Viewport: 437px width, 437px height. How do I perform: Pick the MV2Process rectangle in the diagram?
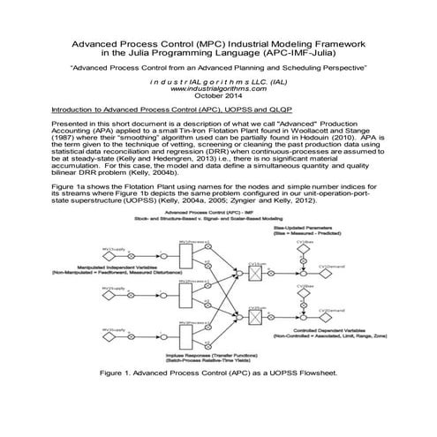click(x=183, y=296)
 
